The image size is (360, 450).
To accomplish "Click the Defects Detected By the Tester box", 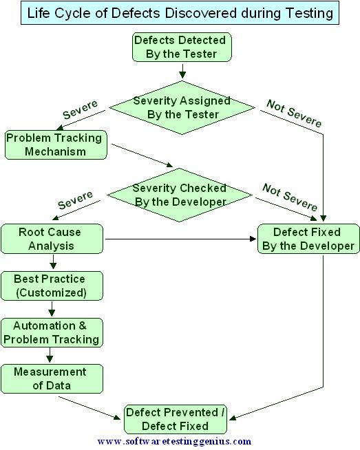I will tap(182, 47).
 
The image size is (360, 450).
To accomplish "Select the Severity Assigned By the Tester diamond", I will tap(182, 108).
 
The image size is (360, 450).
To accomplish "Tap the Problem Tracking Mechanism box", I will tap(55, 144).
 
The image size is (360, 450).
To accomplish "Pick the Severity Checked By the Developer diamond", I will tap(179, 195).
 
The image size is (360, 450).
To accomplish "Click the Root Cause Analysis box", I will tap(52, 239).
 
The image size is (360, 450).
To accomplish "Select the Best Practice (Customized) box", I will tap(52, 286).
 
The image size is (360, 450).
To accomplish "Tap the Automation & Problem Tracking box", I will tap(52, 332).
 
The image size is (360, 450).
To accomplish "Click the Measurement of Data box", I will tap(52, 378).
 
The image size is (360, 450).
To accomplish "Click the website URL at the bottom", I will tap(174, 441).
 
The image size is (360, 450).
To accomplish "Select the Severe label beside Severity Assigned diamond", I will tap(81, 109).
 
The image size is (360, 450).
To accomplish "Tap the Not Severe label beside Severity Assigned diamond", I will tap(294, 114).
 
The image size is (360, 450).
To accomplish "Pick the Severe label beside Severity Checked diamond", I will tap(76, 200).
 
